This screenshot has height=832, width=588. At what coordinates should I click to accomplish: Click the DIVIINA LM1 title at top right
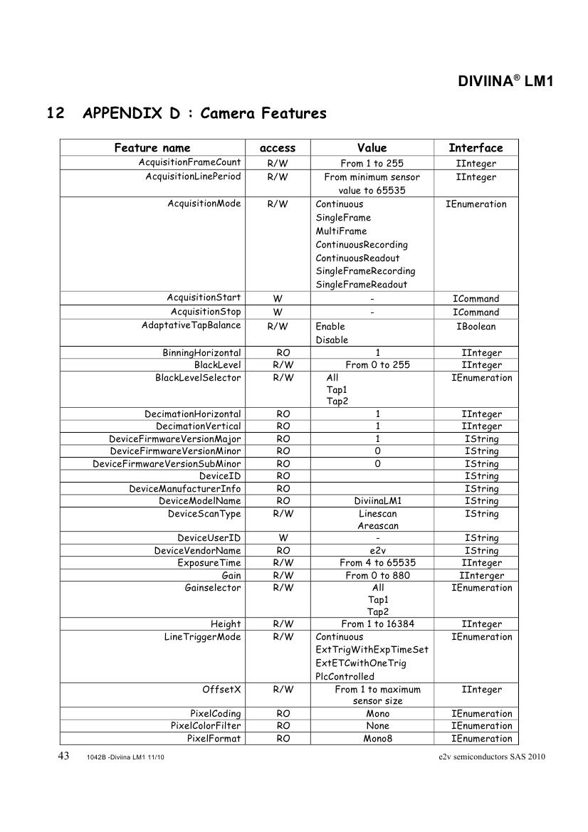tap(505, 82)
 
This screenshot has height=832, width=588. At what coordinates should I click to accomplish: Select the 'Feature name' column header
tap(152, 148)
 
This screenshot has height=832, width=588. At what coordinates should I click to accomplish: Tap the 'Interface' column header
tap(476, 148)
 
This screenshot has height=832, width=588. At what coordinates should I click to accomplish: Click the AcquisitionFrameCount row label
tap(189, 163)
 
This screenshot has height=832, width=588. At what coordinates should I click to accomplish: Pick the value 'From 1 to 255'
tap(372, 164)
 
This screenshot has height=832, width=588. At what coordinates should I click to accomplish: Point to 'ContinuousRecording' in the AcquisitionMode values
tap(362, 245)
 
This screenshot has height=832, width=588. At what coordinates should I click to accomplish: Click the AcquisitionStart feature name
tap(204, 297)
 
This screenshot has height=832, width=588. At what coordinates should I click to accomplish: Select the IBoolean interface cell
tap(476, 327)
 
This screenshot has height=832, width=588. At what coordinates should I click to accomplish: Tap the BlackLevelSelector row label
tap(198, 378)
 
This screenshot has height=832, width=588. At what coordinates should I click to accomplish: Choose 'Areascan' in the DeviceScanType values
tap(378, 526)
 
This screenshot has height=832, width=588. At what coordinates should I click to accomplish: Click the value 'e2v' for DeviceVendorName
tap(377, 551)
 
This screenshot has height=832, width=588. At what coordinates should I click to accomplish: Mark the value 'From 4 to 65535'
tap(377, 563)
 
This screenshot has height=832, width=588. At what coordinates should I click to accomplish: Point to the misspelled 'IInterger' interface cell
tap(482, 576)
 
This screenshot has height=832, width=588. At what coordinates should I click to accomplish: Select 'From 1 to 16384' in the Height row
tap(377, 624)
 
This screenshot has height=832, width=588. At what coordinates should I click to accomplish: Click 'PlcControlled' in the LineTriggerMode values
tap(345, 677)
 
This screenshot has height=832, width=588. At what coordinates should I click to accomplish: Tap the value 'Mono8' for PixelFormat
tap(377, 739)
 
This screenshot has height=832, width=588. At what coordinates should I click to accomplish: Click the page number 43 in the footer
tap(63, 756)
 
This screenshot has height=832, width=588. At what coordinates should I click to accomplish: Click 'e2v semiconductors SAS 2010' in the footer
tap(492, 757)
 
